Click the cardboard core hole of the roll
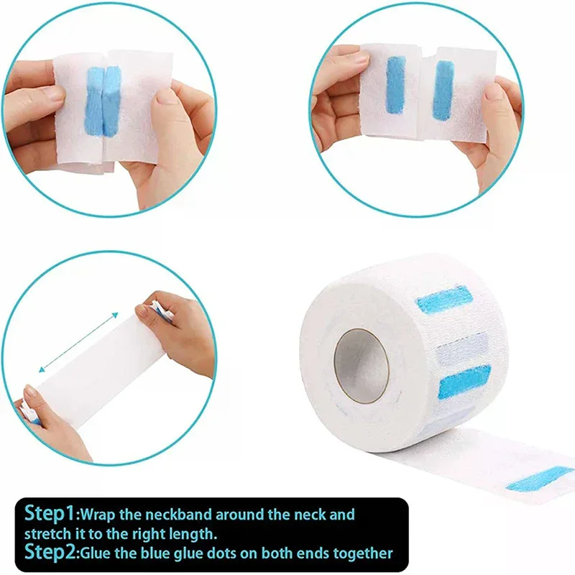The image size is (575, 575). pyautogui.click(x=362, y=366)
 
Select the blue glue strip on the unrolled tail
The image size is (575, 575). pyautogui.click(x=540, y=479)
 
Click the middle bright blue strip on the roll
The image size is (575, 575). pyautogui.click(x=464, y=382)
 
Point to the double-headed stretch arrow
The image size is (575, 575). pyautogui.click(x=78, y=343)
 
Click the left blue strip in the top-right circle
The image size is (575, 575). pyautogui.click(x=396, y=85)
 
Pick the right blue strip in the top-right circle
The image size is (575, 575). pyautogui.click(x=443, y=91)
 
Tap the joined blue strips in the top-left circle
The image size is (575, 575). pyautogui.click(x=103, y=100)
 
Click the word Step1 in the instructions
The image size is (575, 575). pyautogui.click(x=50, y=513)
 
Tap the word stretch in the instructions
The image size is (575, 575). pyautogui.click(x=47, y=533)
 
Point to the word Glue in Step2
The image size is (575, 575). pyautogui.click(x=96, y=553)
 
